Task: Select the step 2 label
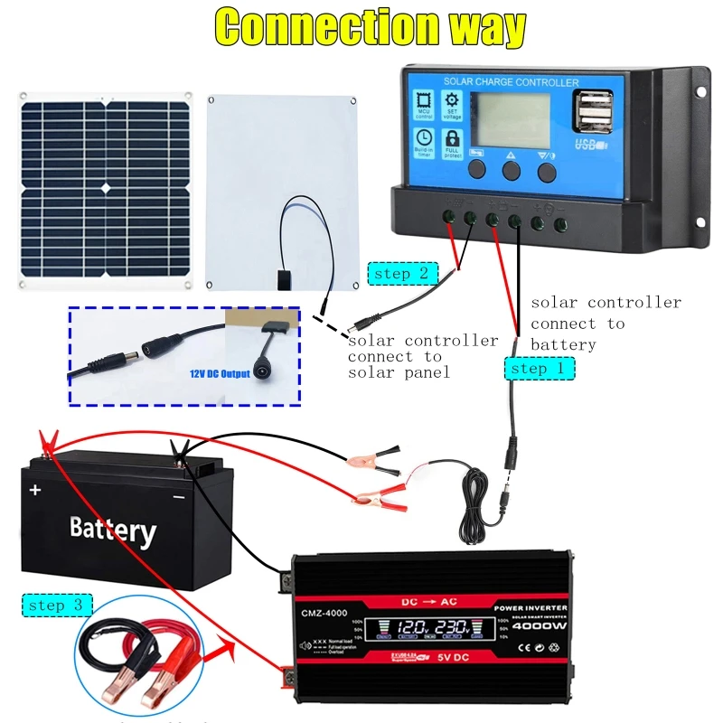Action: point(403,272)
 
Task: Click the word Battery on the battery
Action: point(113,528)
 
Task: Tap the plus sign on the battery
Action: point(35,490)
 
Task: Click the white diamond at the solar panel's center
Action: point(105,188)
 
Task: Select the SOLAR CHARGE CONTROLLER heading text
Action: point(511,82)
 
